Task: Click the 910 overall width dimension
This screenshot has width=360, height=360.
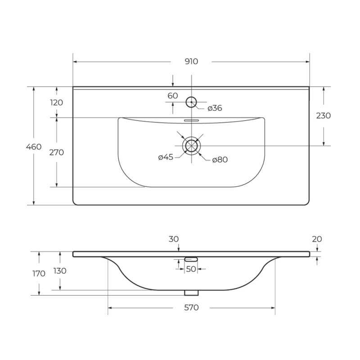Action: (x=191, y=62)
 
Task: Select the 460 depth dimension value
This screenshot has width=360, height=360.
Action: (x=34, y=147)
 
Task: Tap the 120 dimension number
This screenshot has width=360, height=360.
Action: (x=57, y=103)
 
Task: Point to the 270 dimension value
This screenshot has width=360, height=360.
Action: (x=57, y=152)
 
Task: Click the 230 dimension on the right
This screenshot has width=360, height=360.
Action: (x=323, y=116)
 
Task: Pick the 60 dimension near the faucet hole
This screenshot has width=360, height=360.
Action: (x=173, y=95)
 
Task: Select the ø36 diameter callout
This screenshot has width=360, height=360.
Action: (x=215, y=108)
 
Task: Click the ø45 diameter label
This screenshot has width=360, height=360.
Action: (x=166, y=157)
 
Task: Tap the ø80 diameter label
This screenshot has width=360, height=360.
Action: (x=220, y=160)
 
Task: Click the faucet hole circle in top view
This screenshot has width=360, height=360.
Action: (x=191, y=97)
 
